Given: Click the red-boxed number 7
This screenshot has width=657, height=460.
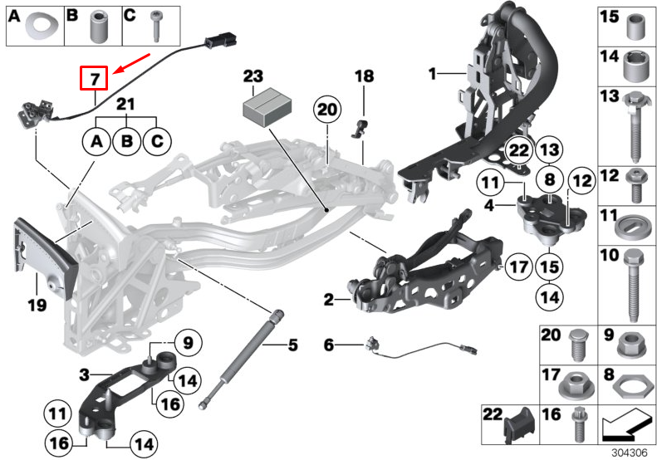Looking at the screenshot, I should pyautogui.click(x=94, y=79).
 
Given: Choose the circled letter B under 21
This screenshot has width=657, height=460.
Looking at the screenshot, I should pyautogui.click(x=126, y=142).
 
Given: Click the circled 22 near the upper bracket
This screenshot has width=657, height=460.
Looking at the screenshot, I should pyautogui.click(x=519, y=151).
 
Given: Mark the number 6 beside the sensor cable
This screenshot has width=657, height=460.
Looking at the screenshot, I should pyautogui.click(x=328, y=344).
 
